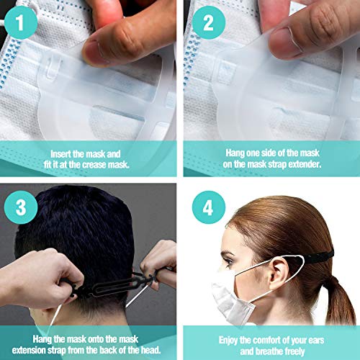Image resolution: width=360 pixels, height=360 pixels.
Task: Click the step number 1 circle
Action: coord(21,22)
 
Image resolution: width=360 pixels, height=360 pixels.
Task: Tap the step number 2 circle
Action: coord(209,22)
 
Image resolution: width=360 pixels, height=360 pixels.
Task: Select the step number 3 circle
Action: coord(21,207)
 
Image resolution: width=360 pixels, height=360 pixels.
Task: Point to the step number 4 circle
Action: coord(209,207)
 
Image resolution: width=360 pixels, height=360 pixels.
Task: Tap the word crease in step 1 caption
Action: coord(95,165)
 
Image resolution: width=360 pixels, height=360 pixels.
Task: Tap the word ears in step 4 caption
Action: coord(316,341)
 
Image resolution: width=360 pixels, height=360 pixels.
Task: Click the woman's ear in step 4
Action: coord(280,271)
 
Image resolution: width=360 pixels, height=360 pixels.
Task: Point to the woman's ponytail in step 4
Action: coord(340,297)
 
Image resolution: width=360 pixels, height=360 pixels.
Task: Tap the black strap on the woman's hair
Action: coord(318,256)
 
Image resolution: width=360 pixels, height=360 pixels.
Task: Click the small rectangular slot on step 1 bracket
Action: coord(52,70)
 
